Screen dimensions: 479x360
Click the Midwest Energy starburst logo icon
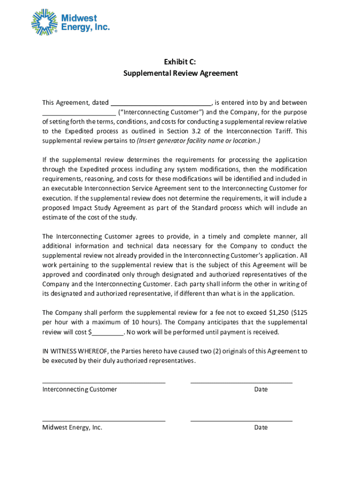click(45, 22)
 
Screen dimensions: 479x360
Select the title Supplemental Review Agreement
click(180, 73)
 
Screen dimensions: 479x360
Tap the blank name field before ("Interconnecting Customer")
click(79, 113)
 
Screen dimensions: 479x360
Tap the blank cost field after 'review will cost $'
click(108, 333)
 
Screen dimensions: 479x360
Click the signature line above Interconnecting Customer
click(104, 382)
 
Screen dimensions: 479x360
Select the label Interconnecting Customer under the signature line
click(80, 390)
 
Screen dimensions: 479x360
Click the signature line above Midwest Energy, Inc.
click(104, 421)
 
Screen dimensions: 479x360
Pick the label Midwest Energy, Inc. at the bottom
click(72, 428)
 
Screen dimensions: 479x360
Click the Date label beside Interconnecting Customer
click(261, 390)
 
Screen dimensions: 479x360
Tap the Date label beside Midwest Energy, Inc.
click(261, 428)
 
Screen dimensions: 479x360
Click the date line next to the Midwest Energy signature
click(241, 421)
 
